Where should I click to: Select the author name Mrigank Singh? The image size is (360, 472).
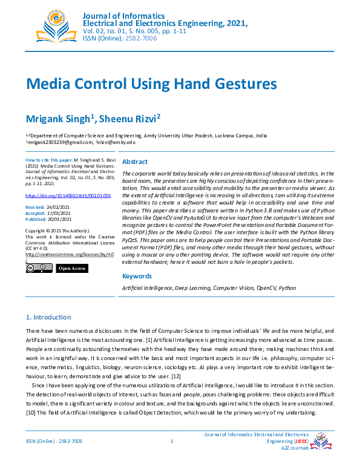(x=60, y=117)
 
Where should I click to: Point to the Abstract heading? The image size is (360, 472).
(x=135, y=162)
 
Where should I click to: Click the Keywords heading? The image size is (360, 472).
(x=137, y=276)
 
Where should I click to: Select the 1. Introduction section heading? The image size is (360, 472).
(x=48, y=317)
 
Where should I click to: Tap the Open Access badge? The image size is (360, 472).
(x=72, y=269)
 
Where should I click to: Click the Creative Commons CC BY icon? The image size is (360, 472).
(x=39, y=269)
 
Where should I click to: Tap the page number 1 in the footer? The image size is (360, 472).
(x=172, y=442)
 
